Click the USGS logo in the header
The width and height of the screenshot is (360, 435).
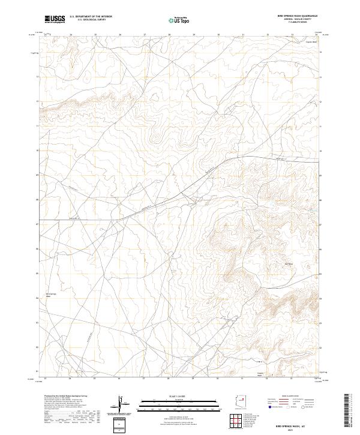(55, 19)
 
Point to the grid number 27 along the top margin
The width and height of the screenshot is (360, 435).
(145, 34)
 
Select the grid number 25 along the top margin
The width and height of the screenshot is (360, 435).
(95, 34)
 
